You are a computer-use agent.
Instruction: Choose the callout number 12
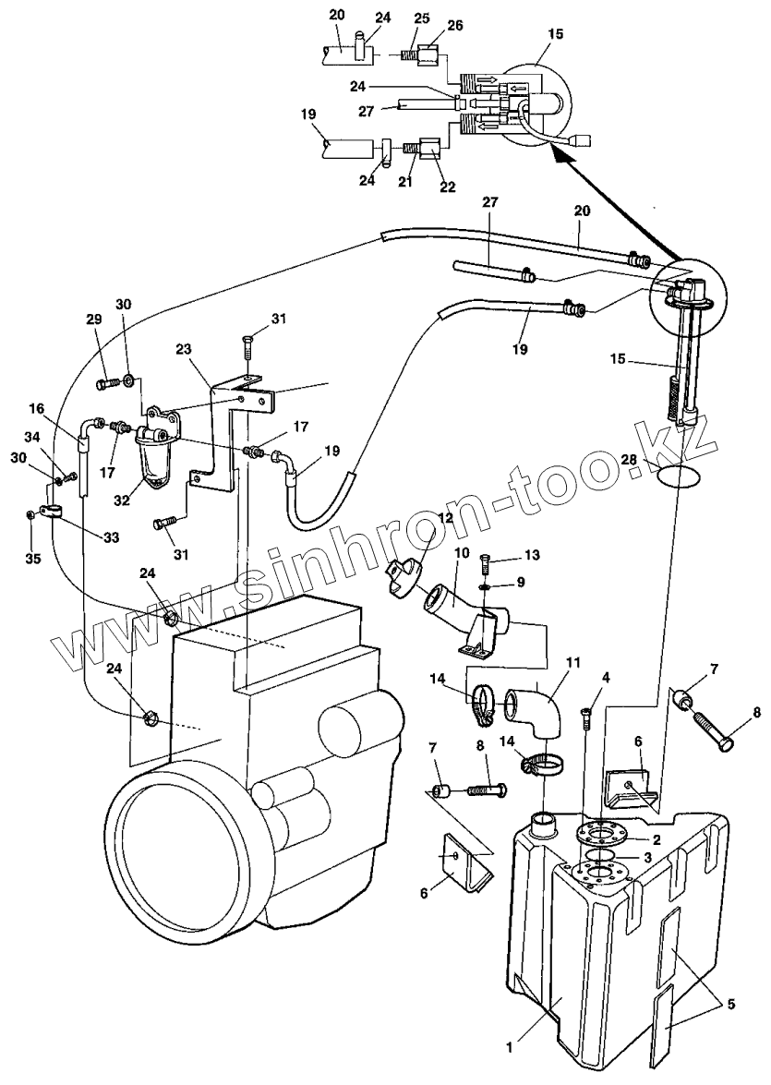(x=447, y=517)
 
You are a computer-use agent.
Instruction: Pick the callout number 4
(x=606, y=679)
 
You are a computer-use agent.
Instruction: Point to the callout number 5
(x=730, y=1004)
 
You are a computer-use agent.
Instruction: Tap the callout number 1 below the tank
(x=509, y=1046)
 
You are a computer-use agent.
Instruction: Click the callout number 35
(x=31, y=559)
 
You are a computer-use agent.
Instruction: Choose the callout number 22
(x=449, y=187)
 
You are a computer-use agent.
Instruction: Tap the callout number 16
(x=37, y=407)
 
